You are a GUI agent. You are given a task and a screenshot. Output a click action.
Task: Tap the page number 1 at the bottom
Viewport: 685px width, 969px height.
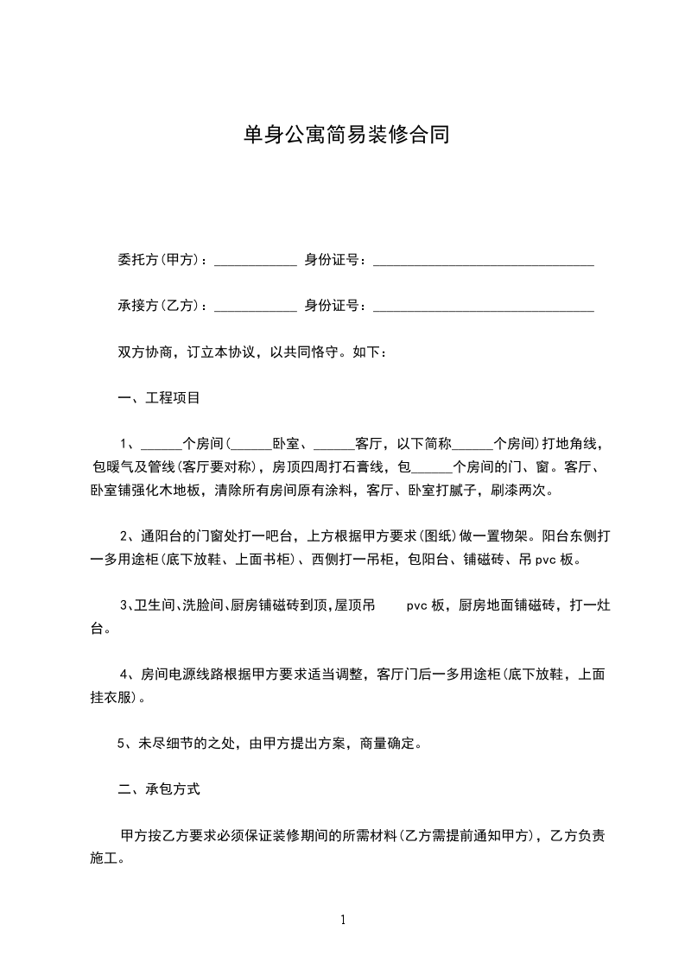(x=344, y=921)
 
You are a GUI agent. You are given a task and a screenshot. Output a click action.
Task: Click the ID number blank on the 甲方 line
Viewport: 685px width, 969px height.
(x=483, y=262)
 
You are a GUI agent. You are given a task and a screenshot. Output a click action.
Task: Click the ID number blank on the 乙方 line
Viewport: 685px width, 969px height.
(x=483, y=307)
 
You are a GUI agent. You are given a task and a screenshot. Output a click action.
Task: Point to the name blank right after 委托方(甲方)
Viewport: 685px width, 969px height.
(x=256, y=262)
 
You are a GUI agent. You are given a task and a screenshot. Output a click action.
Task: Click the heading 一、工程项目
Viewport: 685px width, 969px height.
(x=159, y=398)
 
